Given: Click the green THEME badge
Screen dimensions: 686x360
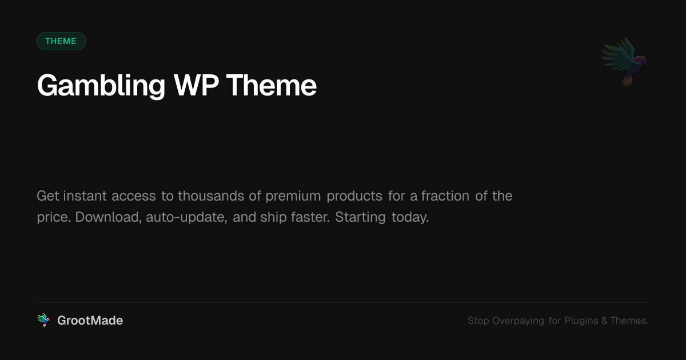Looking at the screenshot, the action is (61, 41).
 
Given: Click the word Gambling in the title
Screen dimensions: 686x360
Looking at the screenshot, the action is (101, 86).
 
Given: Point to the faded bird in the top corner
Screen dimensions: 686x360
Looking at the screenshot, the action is (624, 62).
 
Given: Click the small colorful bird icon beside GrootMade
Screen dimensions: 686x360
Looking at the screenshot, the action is (43, 320).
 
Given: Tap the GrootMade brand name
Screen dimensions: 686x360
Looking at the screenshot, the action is (90, 321).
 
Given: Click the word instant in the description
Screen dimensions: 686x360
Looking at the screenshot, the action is (85, 196).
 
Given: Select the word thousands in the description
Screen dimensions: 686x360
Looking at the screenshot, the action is (211, 196).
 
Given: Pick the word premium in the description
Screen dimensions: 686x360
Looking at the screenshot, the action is (293, 196).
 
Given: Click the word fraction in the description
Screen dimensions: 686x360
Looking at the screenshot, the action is (445, 196).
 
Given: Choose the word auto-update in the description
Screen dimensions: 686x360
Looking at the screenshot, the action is (186, 218).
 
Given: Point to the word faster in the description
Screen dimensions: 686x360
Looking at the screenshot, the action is (310, 217).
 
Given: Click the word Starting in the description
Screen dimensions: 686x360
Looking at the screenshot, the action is (360, 218).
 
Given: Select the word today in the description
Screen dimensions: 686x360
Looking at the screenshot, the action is (410, 218).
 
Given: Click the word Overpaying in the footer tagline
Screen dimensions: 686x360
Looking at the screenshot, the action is (518, 321).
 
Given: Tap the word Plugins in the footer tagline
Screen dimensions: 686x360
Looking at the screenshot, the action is (581, 321).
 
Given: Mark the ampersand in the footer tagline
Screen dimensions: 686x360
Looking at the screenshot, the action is (604, 321).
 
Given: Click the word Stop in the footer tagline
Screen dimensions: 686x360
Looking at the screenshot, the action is (478, 321).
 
